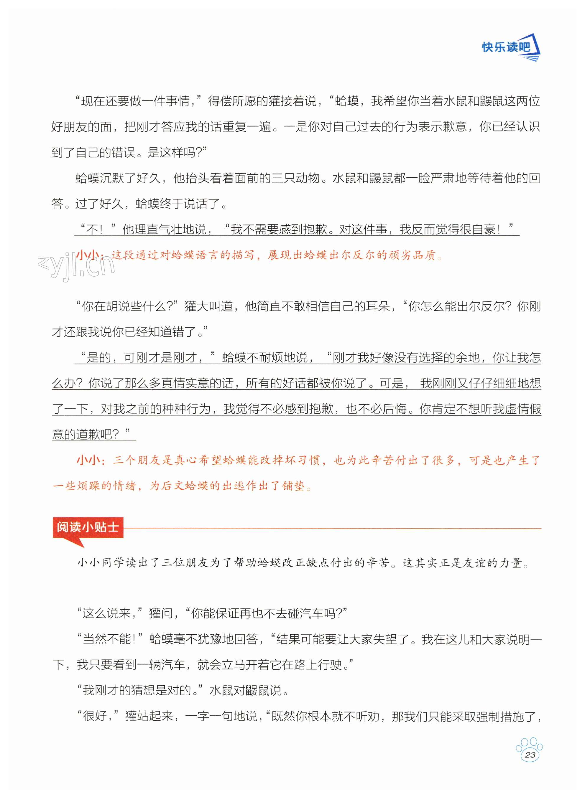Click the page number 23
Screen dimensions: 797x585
[x=530, y=755]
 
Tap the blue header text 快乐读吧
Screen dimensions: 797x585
[x=506, y=47]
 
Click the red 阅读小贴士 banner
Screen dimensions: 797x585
[x=88, y=527]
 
